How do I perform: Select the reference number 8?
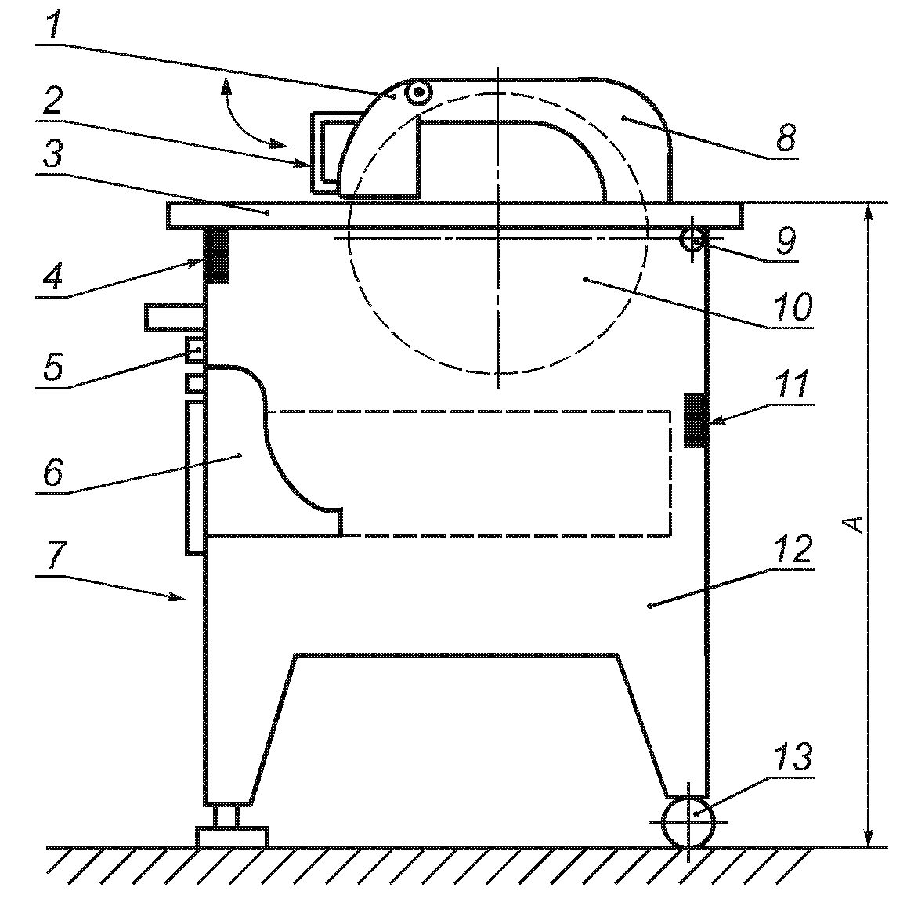click(x=786, y=137)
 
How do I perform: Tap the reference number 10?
click(x=793, y=307)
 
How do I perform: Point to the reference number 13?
click(x=793, y=757)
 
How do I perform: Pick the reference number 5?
click(x=53, y=367)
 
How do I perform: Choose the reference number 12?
click(x=793, y=549)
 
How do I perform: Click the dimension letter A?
click(x=853, y=524)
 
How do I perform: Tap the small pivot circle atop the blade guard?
click(x=417, y=92)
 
